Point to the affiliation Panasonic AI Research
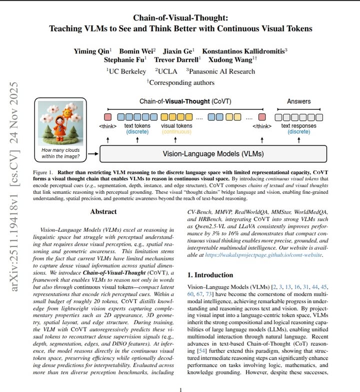tap(222, 71)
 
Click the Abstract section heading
tap(103, 212)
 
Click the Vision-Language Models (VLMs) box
tap(213, 153)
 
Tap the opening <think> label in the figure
tap(108, 126)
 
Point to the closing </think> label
tap(262, 126)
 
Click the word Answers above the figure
tap(298, 101)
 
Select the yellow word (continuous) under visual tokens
tap(176, 132)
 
